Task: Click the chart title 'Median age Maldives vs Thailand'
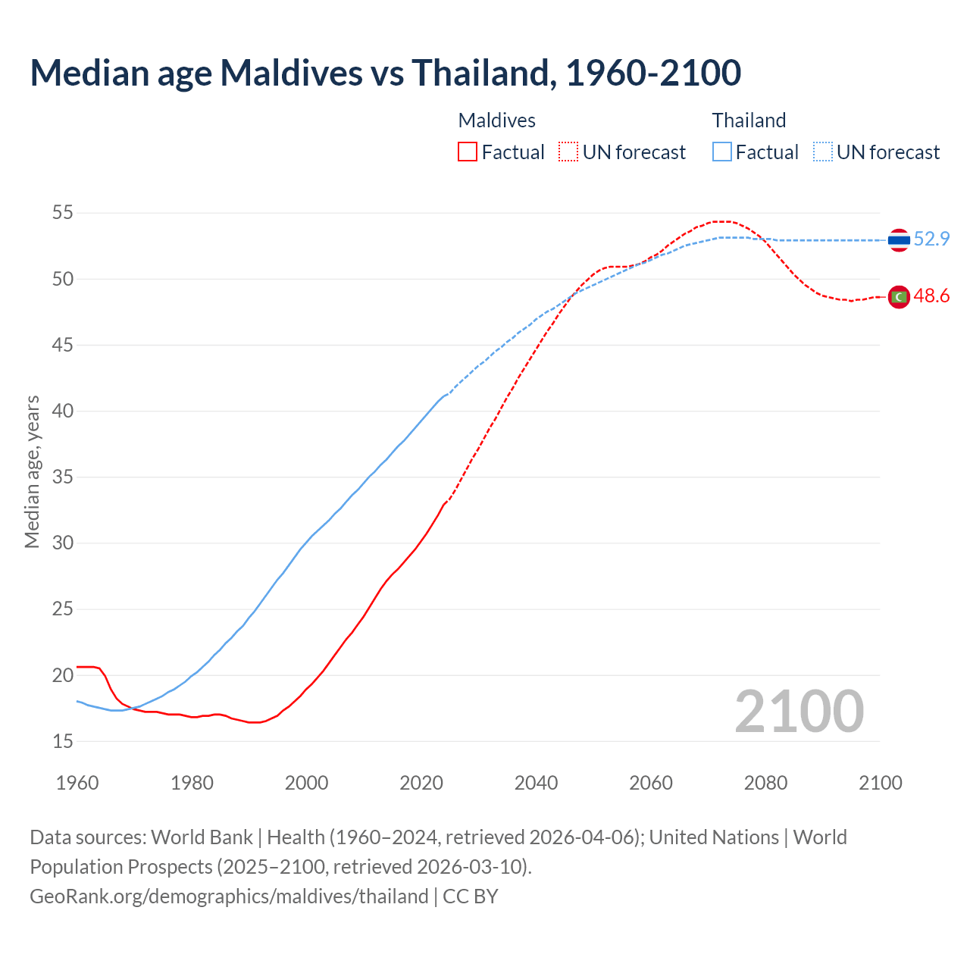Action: pyautogui.click(x=385, y=73)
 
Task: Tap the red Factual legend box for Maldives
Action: pyautogui.click(x=468, y=152)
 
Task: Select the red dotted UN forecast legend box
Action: pyautogui.click(x=568, y=152)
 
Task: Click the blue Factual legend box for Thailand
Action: pyautogui.click(x=722, y=152)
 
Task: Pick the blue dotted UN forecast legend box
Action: pyautogui.click(x=823, y=152)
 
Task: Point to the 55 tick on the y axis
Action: pyautogui.click(x=63, y=213)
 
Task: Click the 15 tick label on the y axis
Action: pyautogui.click(x=63, y=741)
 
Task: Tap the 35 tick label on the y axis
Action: pyautogui.click(x=63, y=477)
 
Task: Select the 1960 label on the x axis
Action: pyautogui.click(x=77, y=783)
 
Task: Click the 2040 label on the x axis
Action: pyautogui.click(x=536, y=783)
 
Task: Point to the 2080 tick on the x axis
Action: pyautogui.click(x=765, y=783)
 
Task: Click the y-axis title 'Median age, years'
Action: pyautogui.click(x=32, y=471)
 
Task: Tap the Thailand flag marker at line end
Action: pyautogui.click(x=899, y=240)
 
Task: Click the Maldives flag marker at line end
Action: pyautogui.click(x=899, y=297)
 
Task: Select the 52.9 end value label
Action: pyautogui.click(x=931, y=239)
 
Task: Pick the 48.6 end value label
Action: pyautogui.click(x=931, y=296)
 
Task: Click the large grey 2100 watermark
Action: pyautogui.click(x=799, y=712)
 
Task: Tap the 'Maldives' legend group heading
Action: pyautogui.click(x=497, y=120)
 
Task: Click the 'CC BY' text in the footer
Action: pyautogui.click(x=471, y=896)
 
